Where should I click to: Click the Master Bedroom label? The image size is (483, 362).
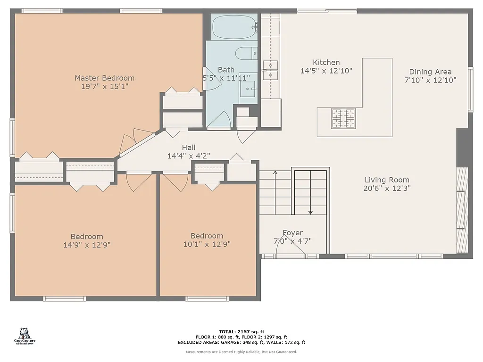104,78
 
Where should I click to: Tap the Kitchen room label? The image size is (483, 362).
326,63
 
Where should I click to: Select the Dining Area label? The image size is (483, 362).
430,72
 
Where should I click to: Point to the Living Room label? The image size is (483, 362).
387,180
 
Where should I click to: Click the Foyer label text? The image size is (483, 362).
292,233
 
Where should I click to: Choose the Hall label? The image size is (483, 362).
189,148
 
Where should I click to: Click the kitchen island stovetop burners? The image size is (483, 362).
343,118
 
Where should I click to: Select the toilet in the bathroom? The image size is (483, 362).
246,54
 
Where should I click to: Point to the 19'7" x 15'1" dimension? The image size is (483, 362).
104,87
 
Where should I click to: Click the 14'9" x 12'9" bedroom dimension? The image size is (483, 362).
87,245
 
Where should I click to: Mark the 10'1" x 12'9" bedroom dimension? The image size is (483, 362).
207,244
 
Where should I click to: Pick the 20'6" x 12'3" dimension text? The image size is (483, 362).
387,189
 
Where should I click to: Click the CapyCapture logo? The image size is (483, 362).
25,336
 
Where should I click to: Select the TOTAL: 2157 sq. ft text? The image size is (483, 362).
241,332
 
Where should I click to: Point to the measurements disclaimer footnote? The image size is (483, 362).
241,352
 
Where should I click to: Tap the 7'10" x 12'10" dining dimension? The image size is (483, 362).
430,81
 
